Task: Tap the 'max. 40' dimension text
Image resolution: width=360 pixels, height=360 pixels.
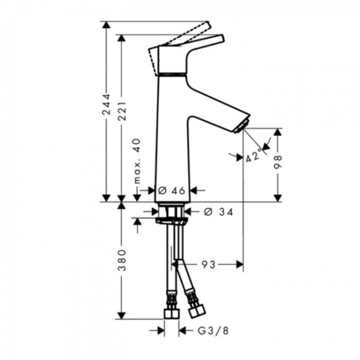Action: pyautogui.click(x=137, y=161)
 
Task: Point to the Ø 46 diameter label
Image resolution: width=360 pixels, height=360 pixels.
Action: pyautogui.click(x=171, y=190)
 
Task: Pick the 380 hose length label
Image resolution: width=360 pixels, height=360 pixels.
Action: pyautogui.click(x=122, y=260)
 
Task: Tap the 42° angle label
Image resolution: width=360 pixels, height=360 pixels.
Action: pyautogui.click(x=253, y=157)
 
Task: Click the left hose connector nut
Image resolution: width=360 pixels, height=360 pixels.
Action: pyautogui.click(x=172, y=312)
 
